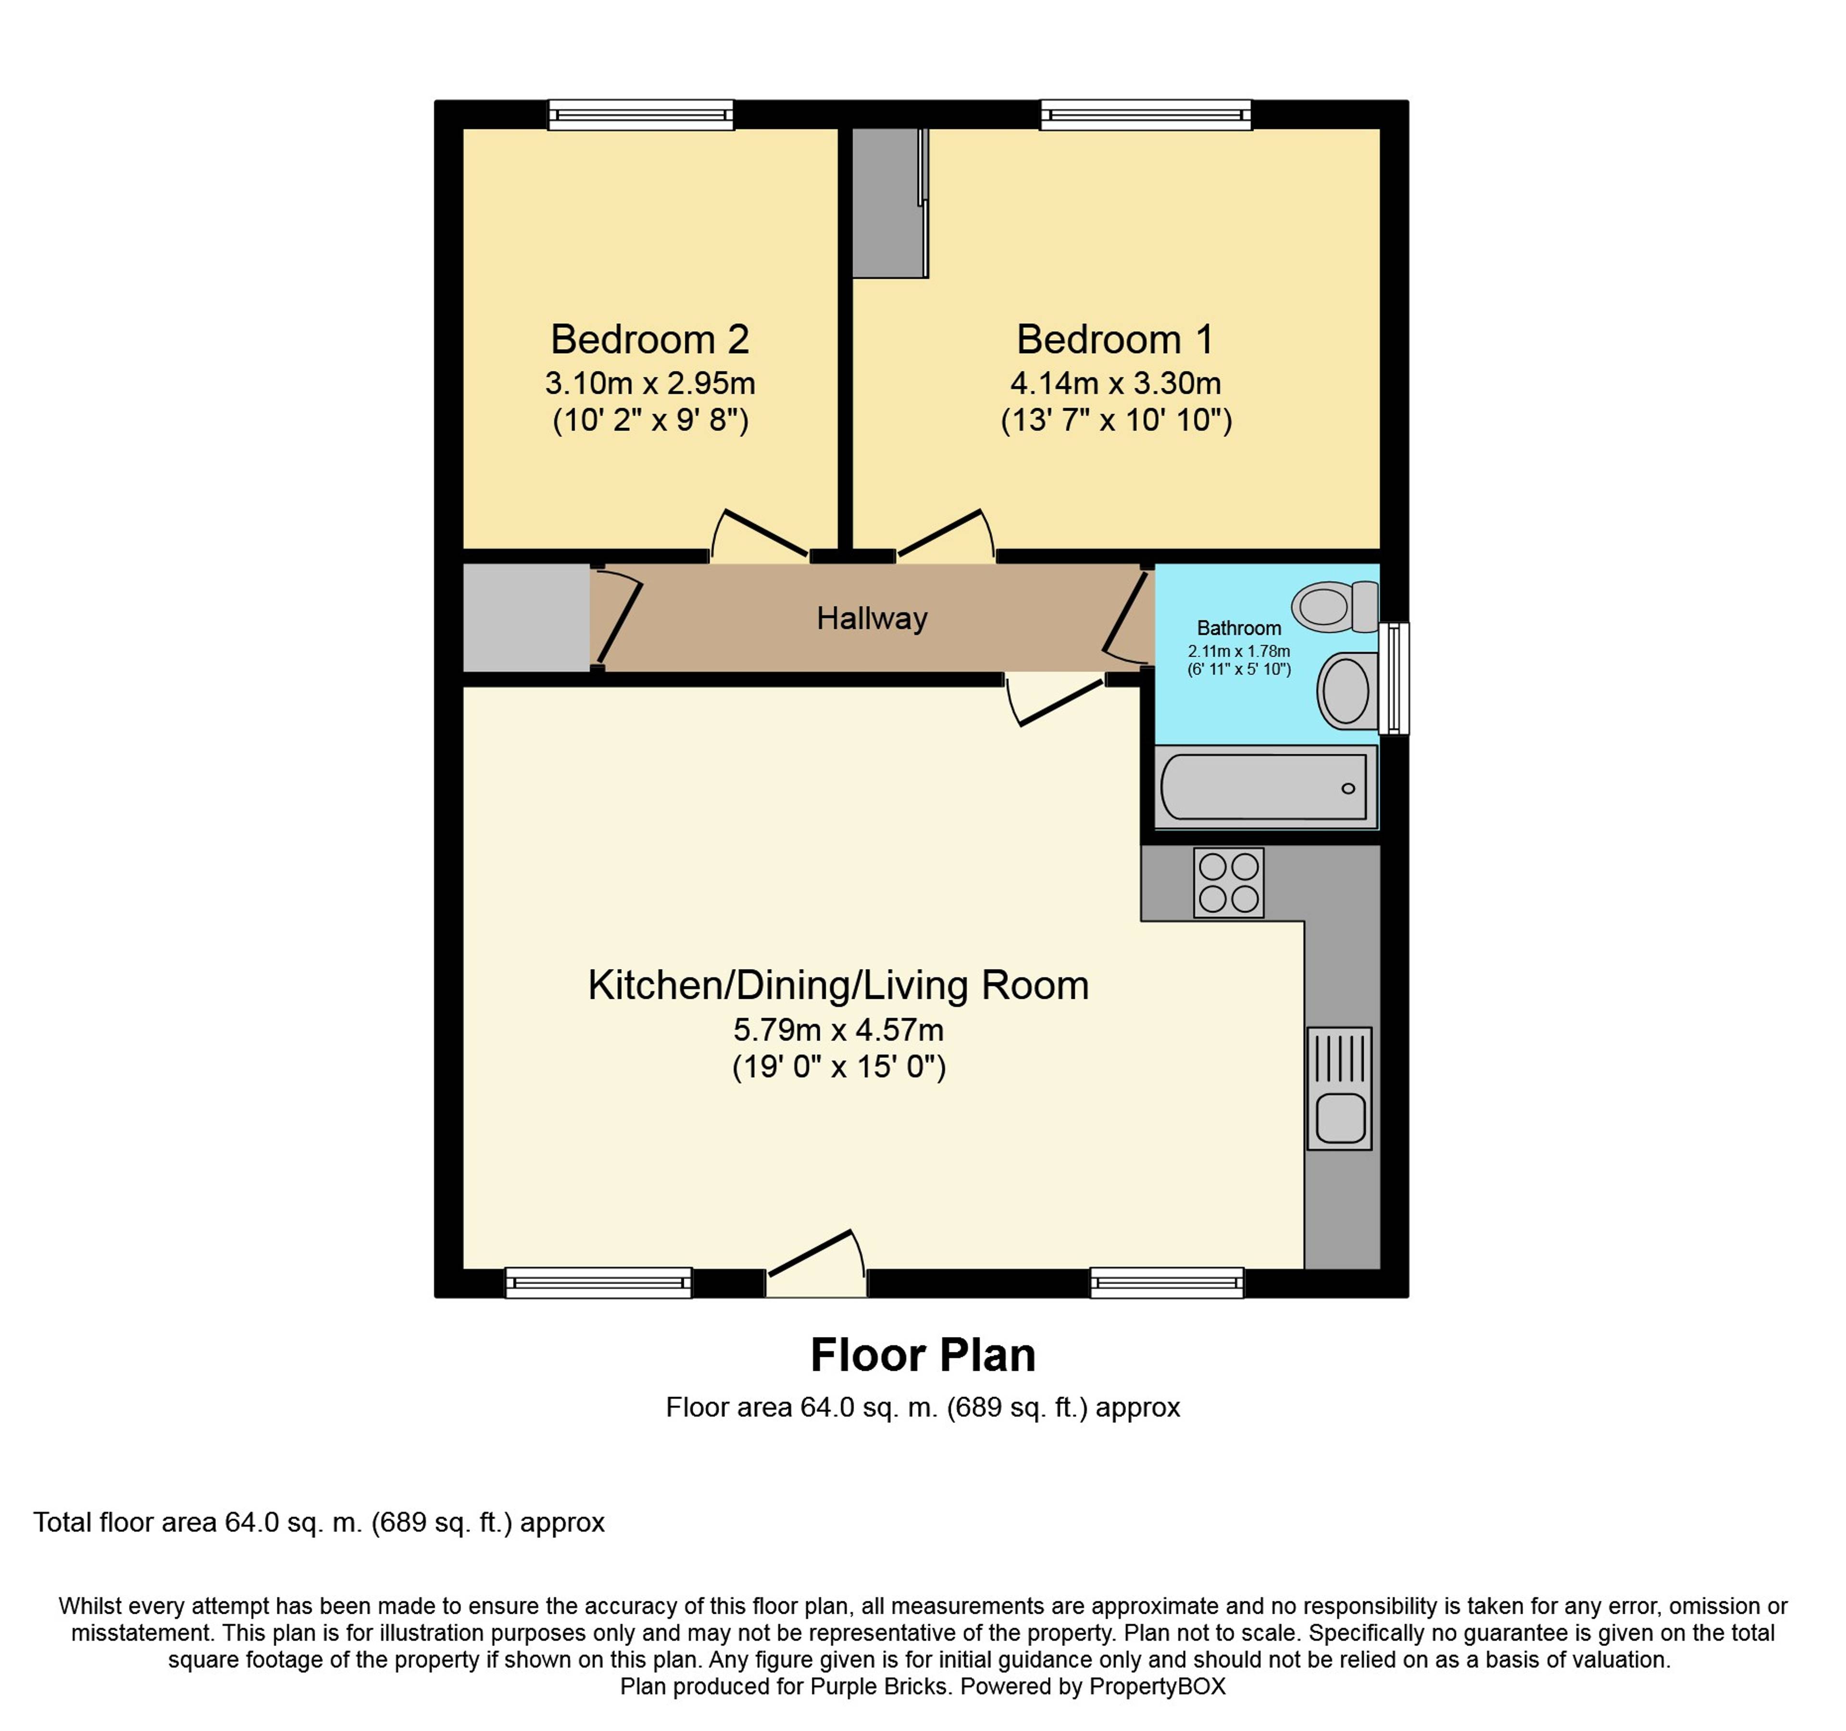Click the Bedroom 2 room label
pos(650,340)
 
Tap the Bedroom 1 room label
pos(1115,340)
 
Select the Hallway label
pos(872,618)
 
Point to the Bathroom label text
pos(1239,628)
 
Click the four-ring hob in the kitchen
pos(1228,883)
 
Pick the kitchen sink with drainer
pos(1339,1088)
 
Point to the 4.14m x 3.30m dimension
pos(1115,383)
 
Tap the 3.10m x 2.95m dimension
pos(650,383)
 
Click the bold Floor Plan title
pos(923,1355)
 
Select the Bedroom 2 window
pos(641,114)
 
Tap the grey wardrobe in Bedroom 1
pos(889,202)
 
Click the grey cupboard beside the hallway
pos(526,617)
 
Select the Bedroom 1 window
pos(1146,114)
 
